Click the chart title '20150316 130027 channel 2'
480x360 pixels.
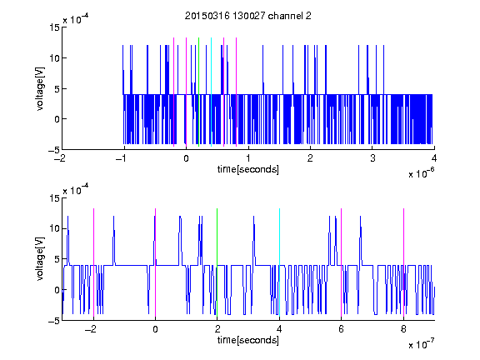(248, 16)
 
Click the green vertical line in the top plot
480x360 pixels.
(199, 92)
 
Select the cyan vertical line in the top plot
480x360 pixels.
(211, 92)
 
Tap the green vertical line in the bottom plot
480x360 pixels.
(217, 262)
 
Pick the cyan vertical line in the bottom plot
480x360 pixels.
(279, 262)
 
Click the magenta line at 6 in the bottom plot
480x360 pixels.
(342, 262)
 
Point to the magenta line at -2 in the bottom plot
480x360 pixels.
(93, 262)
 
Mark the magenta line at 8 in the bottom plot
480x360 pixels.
(404, 262)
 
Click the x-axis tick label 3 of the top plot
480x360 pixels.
(372, 158)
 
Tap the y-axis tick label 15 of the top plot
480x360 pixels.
(54, 27)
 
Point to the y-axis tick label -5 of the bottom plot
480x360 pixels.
(54, 321)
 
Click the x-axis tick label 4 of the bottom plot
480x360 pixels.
(279, 329)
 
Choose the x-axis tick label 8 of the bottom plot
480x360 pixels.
(403, 329)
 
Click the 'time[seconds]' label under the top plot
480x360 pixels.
(248, 169)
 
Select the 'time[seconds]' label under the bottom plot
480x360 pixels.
(248, 340)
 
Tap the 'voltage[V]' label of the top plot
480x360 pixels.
(40, 89)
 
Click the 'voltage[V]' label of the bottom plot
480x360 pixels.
(40, 259)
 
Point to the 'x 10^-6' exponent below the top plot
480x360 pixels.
(421, 173)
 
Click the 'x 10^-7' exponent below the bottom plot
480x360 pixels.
(421, 344)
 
